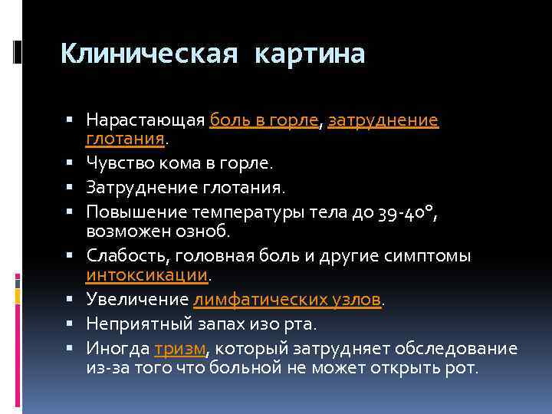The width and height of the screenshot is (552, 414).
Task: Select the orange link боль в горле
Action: click(264, 120)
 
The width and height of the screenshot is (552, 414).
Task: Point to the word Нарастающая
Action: click(146, 120)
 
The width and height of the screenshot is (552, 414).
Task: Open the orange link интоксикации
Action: click(146, 274)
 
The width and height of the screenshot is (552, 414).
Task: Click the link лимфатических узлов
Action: click(287, 300)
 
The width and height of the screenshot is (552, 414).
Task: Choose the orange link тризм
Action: click(179, 348)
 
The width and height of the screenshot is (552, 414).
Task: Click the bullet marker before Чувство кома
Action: click(70, 163)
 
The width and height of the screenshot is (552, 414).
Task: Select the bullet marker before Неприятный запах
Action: click(70, 324)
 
